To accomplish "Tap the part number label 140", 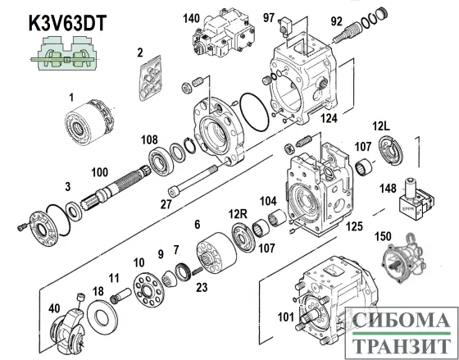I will (x=191, y=17).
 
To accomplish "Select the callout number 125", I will (x=354, y=224).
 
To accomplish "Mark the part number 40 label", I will (x=55, y=308).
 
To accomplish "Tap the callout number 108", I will (x=148, y=139).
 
